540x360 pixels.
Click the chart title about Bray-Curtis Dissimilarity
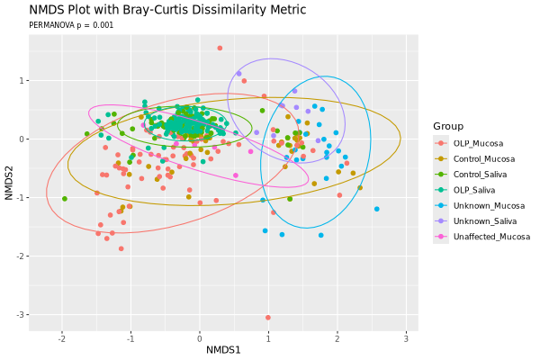click(x=167, y=10)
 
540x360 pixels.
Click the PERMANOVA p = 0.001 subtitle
click(x=71, y=25)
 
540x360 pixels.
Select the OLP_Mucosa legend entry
click(x=477, y=143)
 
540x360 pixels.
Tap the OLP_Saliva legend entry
click(x=474, y=190)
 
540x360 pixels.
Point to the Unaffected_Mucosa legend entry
click(x=488, y=237)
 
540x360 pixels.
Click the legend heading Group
click(x=447, y=126)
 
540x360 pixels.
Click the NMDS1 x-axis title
click(x=223, y=349)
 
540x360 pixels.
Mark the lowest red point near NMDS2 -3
click(x=268, y=317)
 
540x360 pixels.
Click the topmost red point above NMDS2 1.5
click(x=220, y=49)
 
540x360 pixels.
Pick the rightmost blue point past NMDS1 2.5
click(x=376, y=209)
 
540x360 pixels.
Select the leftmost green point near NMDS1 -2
click(x=64, y=199)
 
